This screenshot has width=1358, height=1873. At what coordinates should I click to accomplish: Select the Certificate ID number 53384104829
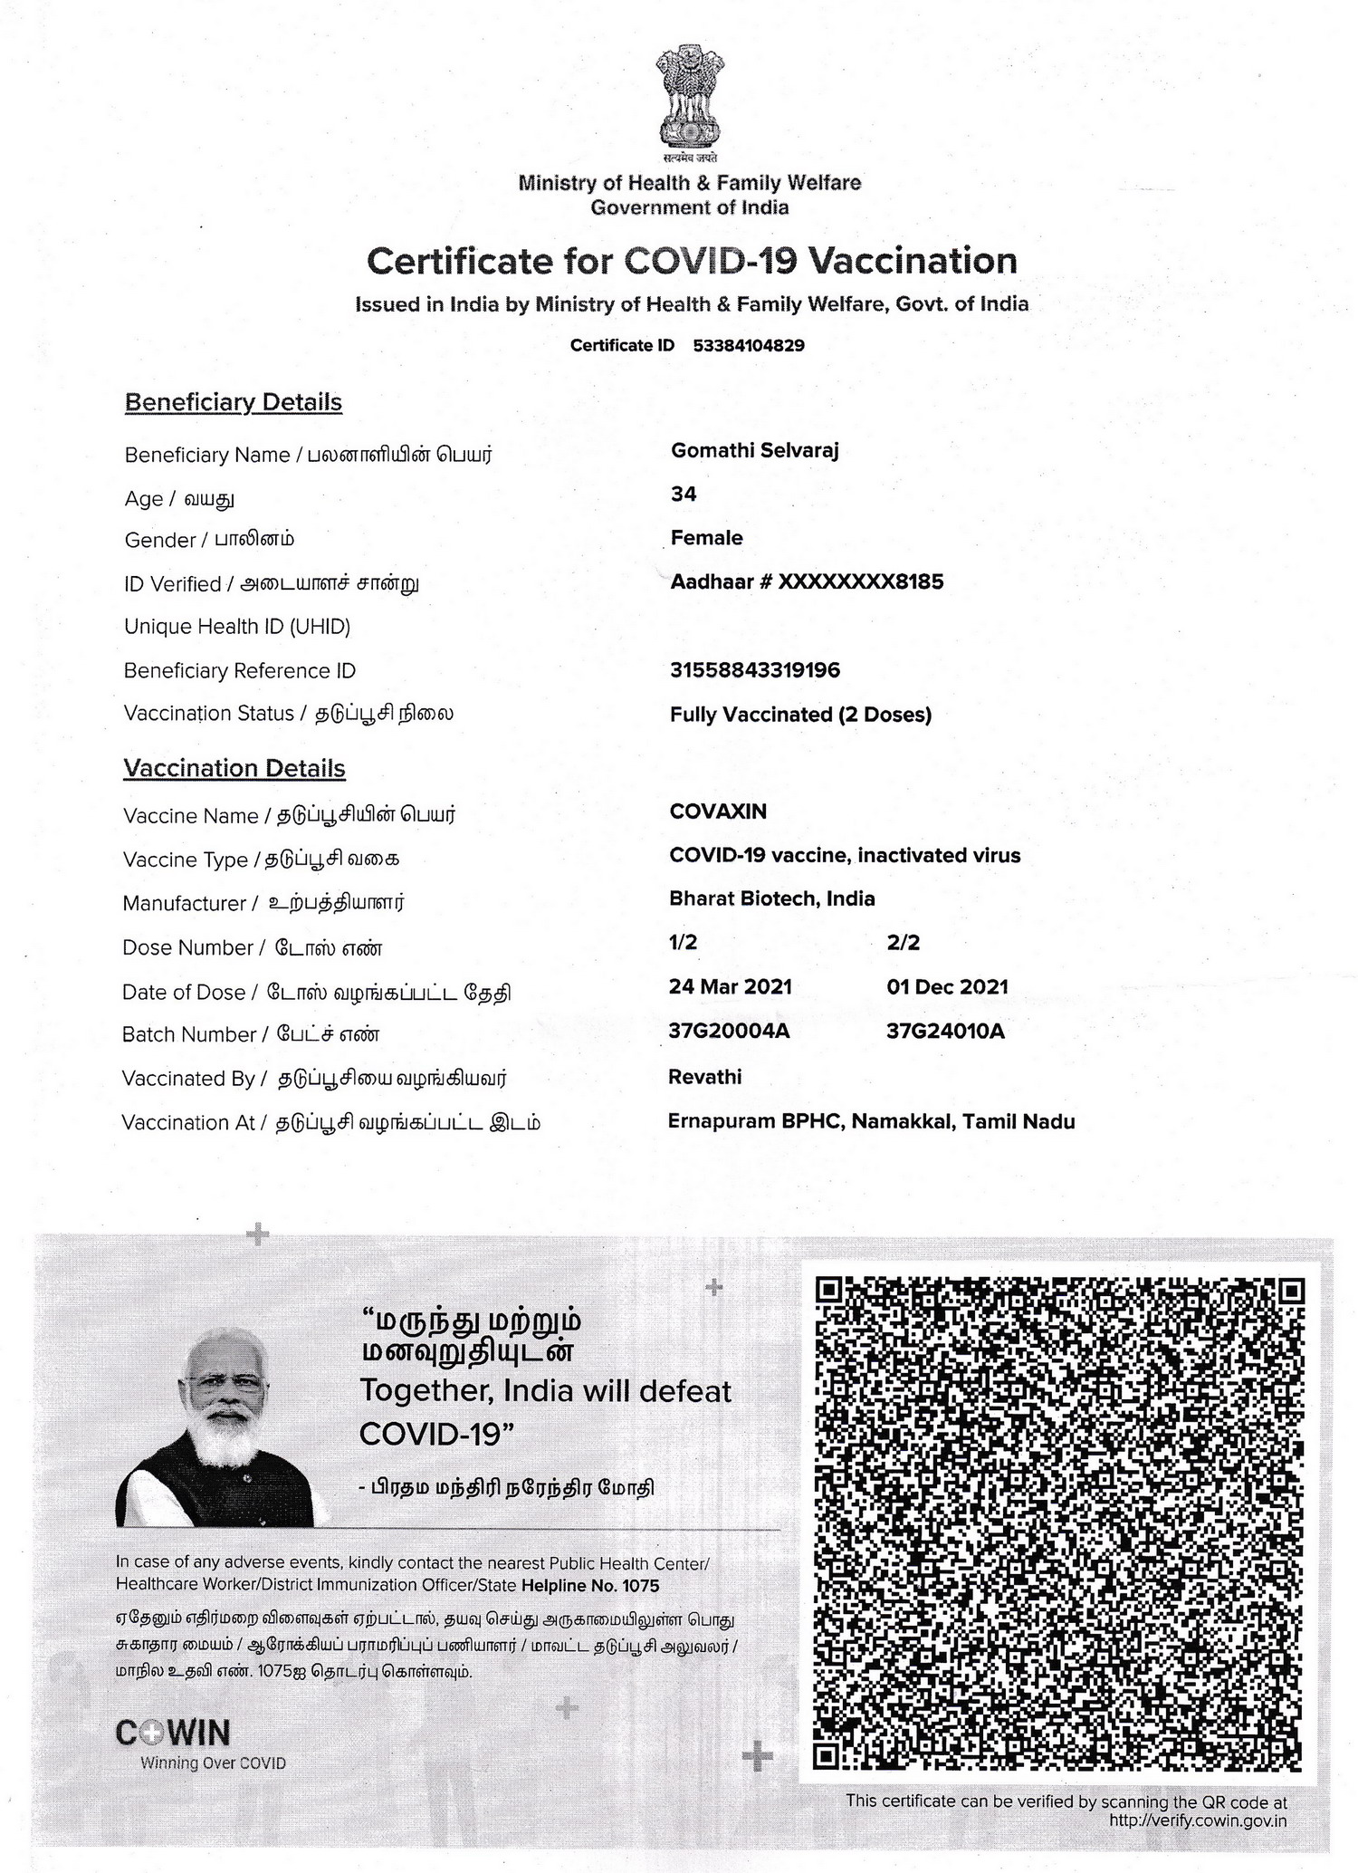(748, 345)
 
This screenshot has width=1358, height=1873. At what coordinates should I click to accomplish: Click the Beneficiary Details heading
(234, 402)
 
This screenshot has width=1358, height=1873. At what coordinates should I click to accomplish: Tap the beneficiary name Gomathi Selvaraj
(754, 450)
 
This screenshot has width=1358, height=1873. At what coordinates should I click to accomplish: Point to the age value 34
(684, 494)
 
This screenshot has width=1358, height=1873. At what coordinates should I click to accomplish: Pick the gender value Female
(706, 538)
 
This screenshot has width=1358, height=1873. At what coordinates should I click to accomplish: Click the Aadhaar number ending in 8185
(806, 581)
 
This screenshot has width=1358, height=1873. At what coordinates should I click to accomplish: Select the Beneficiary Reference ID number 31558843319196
(754, 670)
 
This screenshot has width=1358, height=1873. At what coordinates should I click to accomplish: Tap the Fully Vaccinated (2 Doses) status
(800, 715)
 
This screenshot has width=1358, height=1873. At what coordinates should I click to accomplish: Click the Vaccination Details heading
(234, 768)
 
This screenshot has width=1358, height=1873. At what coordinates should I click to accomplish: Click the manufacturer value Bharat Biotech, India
(771, 899)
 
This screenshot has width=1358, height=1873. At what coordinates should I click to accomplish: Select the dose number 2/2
(904, 943)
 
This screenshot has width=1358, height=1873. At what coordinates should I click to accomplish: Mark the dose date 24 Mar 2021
(730, 987)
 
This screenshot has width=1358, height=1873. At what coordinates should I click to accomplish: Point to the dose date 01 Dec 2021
(947, 987)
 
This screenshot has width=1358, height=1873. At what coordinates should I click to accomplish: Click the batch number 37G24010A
(945, 1032)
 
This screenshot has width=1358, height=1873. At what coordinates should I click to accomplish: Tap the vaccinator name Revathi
(704, 1077)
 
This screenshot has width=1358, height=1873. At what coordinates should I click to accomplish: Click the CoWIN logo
(173, 1733)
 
